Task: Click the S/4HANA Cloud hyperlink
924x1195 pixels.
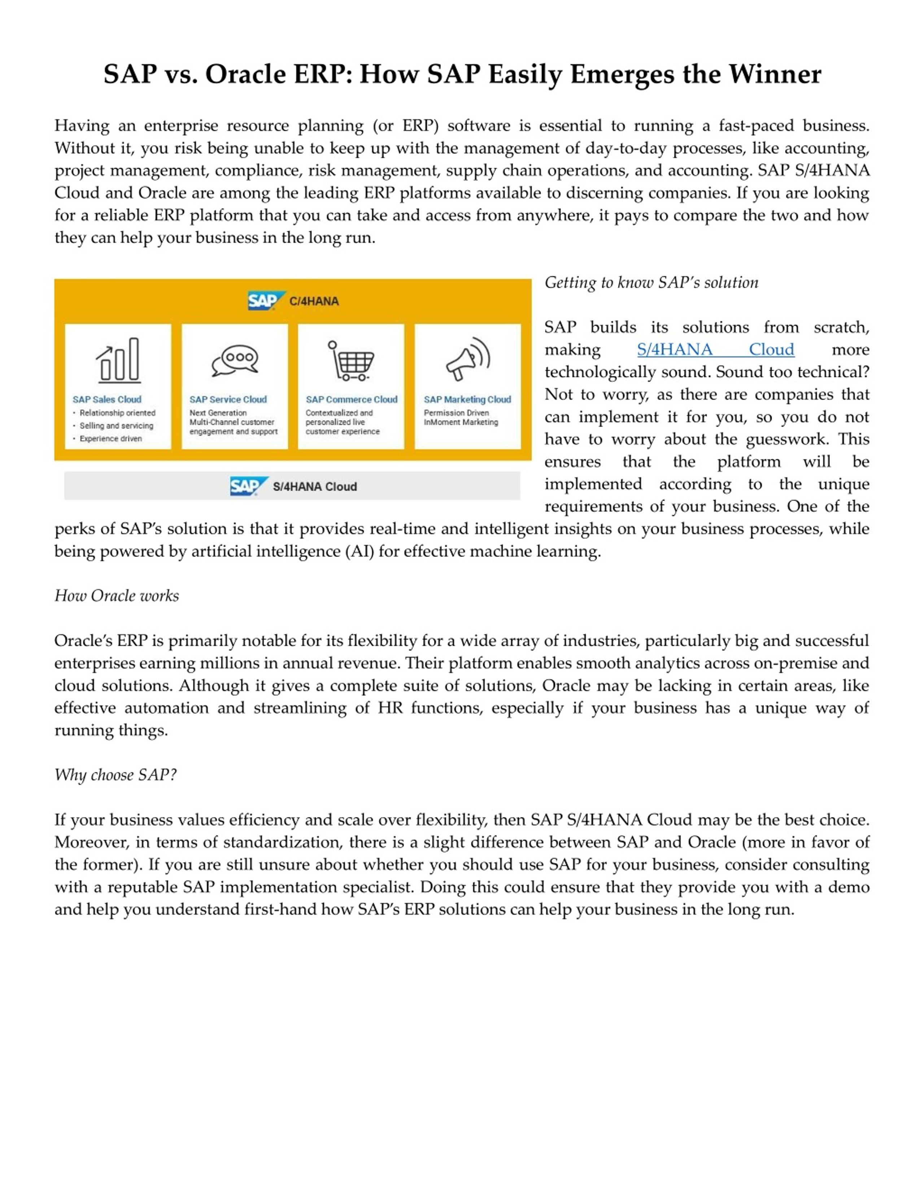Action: point(715,349)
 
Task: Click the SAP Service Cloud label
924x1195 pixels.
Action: point(228,399)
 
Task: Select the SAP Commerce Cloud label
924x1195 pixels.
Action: point(352,399)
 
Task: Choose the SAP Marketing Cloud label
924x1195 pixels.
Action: point(467,399)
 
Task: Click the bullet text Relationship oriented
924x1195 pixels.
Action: point(117,413)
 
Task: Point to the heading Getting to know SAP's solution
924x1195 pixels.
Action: point(651,282)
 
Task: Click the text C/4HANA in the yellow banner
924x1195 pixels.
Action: point(314,301)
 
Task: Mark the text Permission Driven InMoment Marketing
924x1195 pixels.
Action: point(460,417)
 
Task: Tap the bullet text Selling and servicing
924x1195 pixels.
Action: point(116,426)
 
